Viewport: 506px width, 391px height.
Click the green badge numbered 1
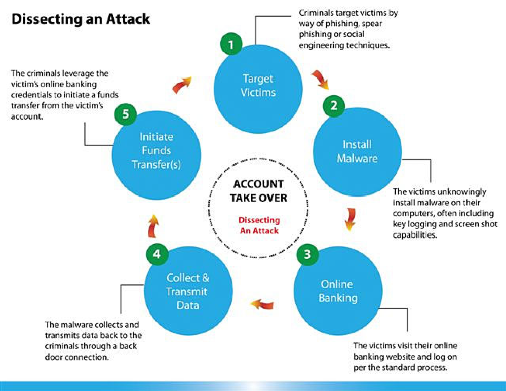point(231,45)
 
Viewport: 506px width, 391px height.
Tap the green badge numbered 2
point(334,105)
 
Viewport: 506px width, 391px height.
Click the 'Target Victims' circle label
point(258,86)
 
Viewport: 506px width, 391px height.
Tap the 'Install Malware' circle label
point(357,151)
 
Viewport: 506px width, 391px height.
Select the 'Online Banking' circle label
point(337,290)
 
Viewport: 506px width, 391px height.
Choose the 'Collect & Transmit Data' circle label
point(188,291)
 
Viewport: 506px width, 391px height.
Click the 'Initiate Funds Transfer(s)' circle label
point(156,151)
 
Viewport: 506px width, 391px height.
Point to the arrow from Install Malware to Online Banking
point(348,218)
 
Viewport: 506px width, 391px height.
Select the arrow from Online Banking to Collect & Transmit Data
point(262,305)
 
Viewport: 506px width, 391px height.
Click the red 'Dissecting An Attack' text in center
point(258,225)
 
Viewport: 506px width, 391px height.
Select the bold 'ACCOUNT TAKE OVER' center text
point(258,190)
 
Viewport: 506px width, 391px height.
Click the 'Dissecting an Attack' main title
point(81,19)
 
